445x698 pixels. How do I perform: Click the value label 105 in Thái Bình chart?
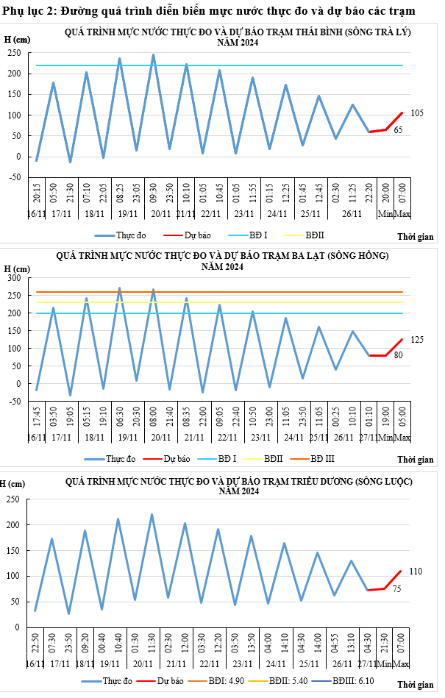click(x=417, y=114)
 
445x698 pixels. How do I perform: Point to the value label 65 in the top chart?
click(x=398, y=130)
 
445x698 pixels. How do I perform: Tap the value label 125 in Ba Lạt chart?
click(x=417, y=340)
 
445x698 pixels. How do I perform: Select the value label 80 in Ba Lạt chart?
click(x=398, y=356)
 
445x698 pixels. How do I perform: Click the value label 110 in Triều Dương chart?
click(x=416, y=571)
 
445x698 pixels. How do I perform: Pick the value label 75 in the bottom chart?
click(x=396, y=589)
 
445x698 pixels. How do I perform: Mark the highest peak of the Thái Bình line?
click(x=153, y=54)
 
